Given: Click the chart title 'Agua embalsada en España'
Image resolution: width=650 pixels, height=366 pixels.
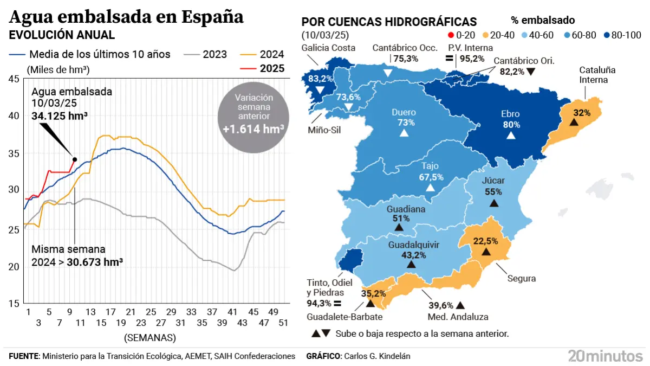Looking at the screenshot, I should [127, 17].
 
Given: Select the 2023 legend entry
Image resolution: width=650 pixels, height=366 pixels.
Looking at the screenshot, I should [205, 54].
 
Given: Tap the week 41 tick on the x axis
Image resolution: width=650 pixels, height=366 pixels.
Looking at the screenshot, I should [232, 313].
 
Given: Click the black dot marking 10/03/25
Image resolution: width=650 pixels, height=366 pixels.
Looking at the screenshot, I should [75, 159].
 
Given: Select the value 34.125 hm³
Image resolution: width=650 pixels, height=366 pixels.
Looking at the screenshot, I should [60, 116].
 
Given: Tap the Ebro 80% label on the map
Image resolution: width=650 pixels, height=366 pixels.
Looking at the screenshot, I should [510, 119].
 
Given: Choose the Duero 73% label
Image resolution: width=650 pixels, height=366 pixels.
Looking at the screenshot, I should [404, 118].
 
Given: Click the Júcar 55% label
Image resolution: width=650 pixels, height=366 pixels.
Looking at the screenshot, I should [493, 186].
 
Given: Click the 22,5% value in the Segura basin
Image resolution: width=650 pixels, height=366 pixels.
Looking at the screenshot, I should [486, 241].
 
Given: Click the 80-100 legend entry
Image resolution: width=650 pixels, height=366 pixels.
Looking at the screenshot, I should [621, 35].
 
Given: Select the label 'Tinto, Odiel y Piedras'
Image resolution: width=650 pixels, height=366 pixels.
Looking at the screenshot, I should [329, 287].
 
